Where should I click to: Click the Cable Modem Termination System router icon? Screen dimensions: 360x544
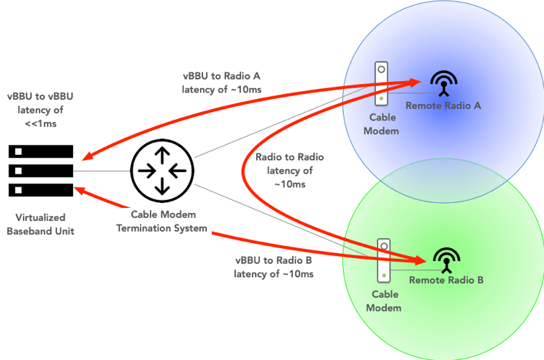coord(162,171)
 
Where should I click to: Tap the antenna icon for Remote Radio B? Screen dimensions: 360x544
coord(447,260)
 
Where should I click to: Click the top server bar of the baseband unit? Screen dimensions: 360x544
coord(42,152)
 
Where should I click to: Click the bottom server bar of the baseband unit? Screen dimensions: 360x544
coord(42,190)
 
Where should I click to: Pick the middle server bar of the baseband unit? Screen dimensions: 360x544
coord(42,171)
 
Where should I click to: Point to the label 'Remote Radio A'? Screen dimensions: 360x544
coord(443,105)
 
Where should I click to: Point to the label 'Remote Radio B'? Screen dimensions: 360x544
coord(446,280)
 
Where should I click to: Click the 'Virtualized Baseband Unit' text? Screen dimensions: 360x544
coord(41,223)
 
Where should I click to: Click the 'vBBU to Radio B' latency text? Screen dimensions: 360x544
coord(273,267)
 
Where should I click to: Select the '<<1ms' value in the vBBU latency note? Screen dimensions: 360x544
coord(41,123)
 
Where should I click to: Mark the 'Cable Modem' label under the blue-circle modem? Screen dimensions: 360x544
coord(383,123)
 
